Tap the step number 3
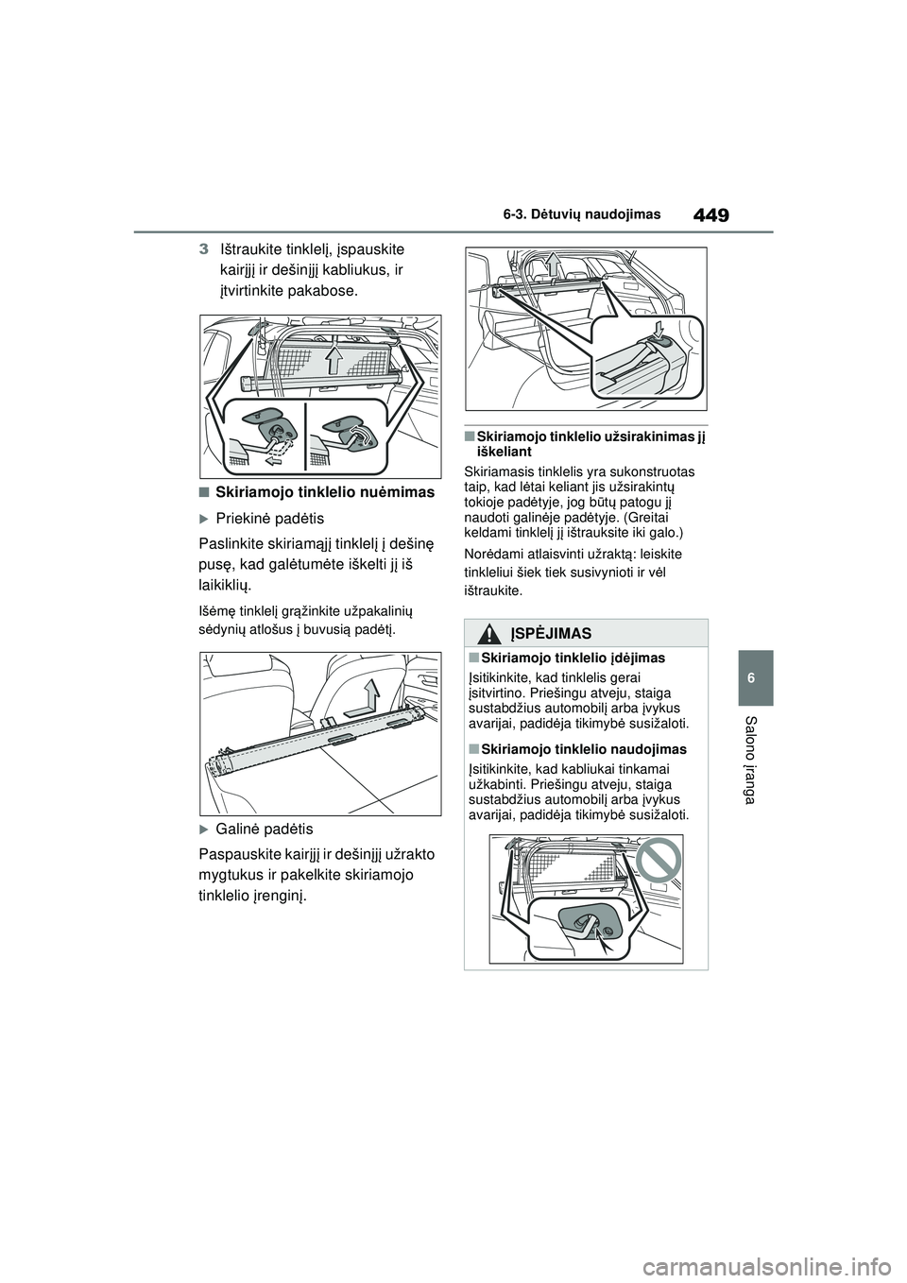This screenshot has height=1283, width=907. click(204, 249)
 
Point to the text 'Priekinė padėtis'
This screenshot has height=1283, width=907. click(269, 519)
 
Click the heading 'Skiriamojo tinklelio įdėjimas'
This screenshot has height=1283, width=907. click(571, 658)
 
